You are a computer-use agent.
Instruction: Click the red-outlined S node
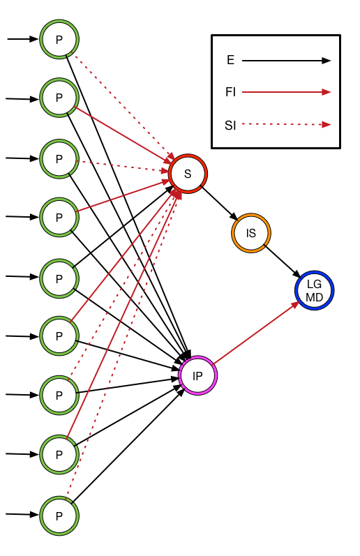(188, 173)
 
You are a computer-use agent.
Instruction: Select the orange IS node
(251, 233)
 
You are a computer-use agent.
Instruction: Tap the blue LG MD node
(315, 290)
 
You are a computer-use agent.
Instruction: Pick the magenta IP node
(198, 376)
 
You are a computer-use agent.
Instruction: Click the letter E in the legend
(230, 61)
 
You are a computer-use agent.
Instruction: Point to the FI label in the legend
(230, 91)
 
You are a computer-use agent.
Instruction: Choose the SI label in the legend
(230, 126)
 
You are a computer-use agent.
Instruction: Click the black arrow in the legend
(286, 61)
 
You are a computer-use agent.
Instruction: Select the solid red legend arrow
(286, 91)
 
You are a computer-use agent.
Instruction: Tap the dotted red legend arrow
(286, 125)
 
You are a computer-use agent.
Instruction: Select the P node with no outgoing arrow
(59, 278)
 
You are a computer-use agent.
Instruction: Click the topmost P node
(59, 40)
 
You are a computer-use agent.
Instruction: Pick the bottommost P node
(59, 516)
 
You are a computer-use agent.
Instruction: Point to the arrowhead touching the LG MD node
(295, 303)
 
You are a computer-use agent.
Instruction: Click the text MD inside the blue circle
(315, 298)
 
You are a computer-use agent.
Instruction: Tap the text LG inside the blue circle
(315, 284)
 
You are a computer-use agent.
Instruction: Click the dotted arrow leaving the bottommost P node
(119, 349)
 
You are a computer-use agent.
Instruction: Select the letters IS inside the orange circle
(251, 233)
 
